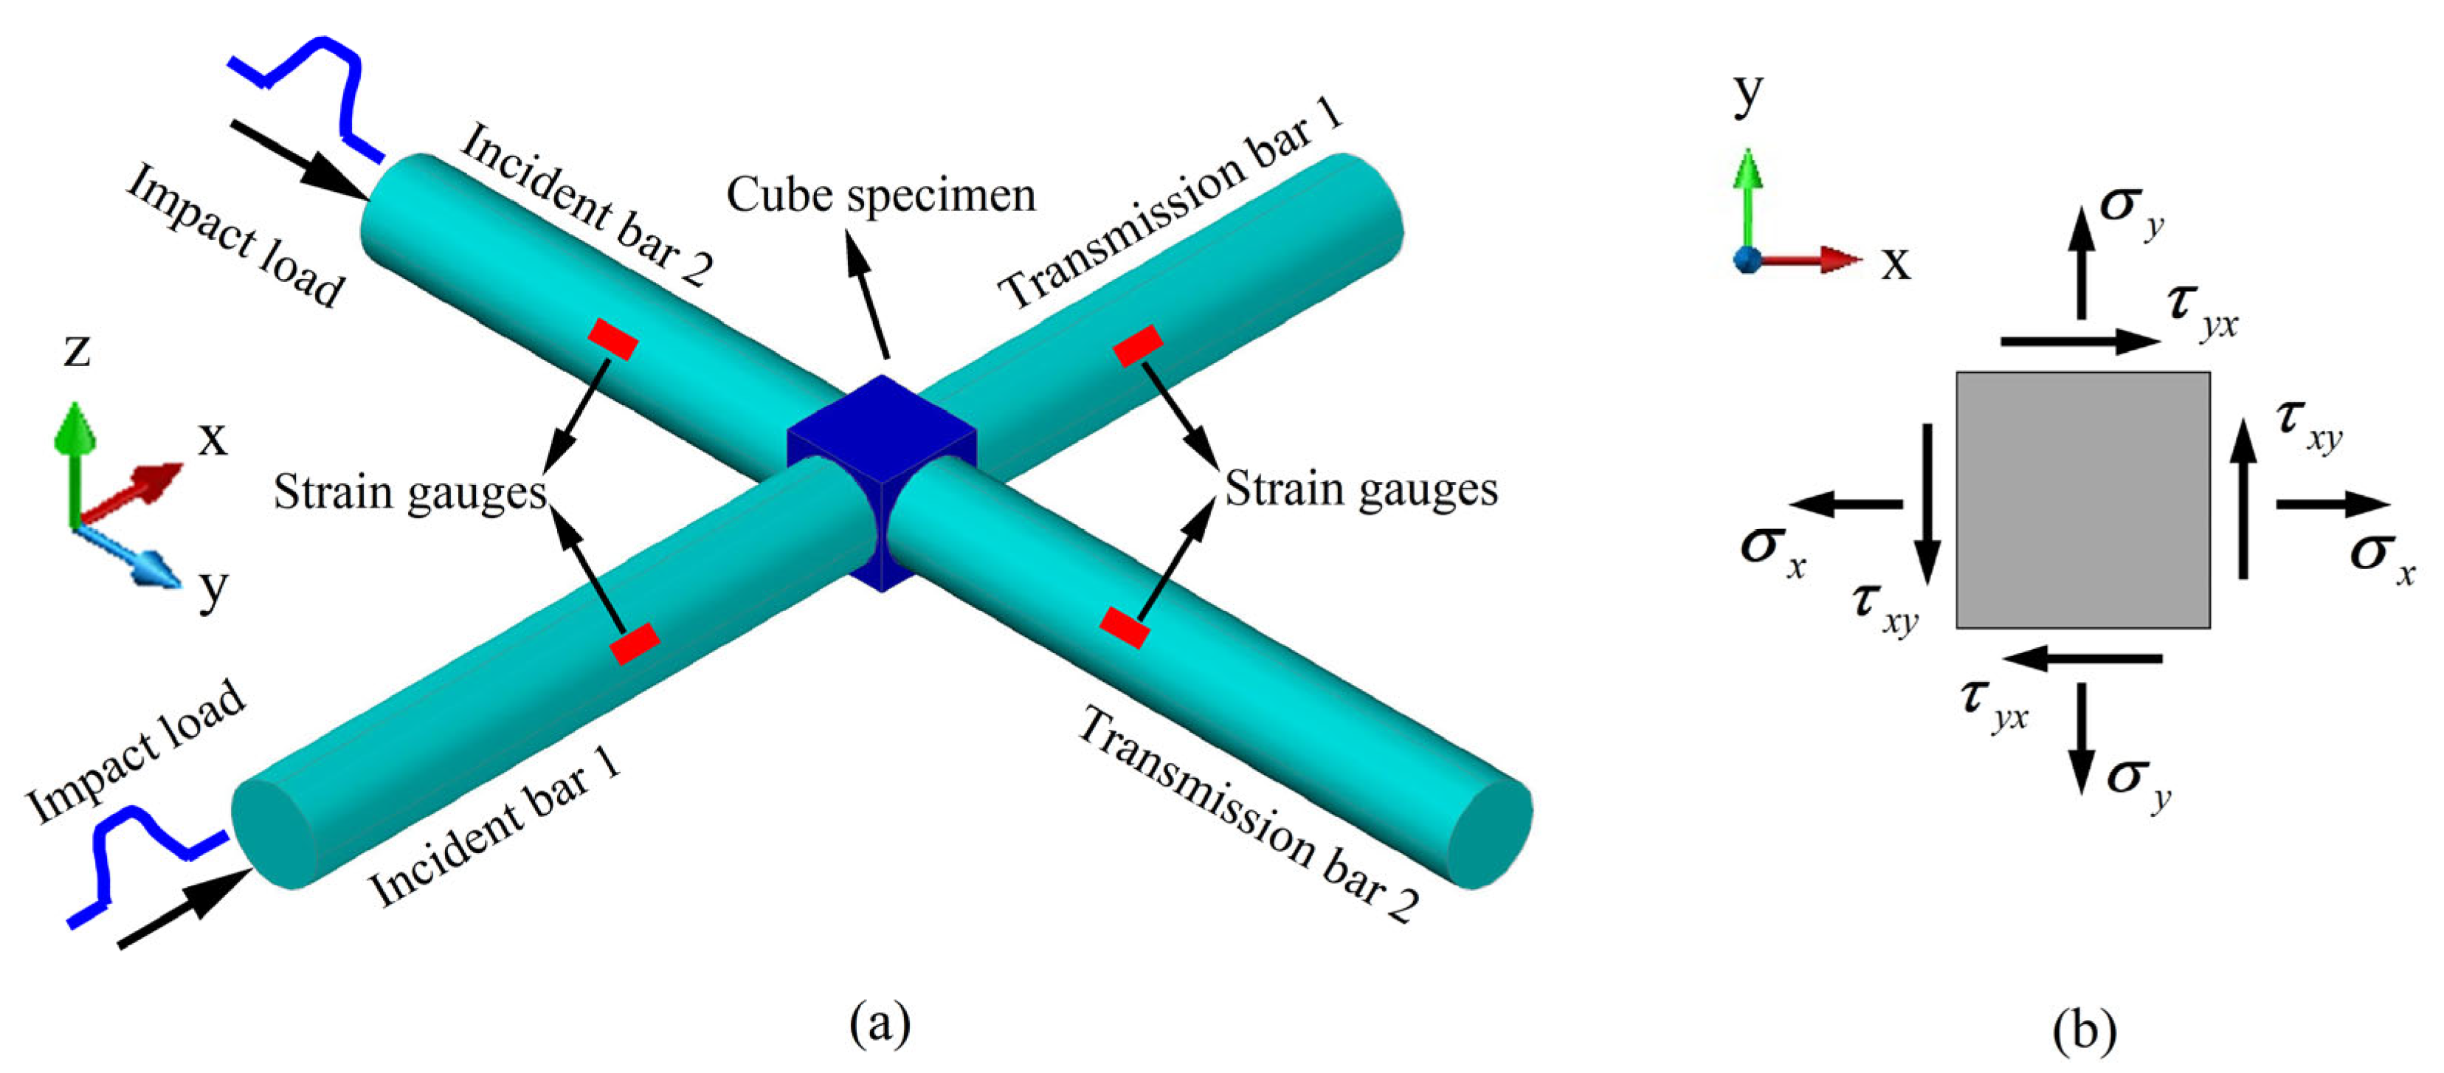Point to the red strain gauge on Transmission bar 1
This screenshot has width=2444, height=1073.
[1138, 345]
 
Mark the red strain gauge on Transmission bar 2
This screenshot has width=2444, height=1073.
[1125, 628]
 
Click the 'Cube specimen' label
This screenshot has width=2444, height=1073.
[880, 196]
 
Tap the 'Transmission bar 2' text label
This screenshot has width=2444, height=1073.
[1249, 814]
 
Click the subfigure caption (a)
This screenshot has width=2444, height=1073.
[880, 1023]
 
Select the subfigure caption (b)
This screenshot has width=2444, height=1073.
[2083, 1029]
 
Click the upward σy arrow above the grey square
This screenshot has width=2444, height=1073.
[2081, 263]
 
